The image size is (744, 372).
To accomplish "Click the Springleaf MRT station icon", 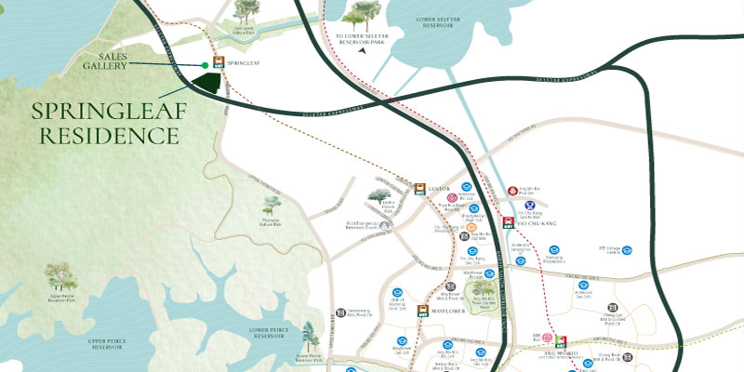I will coord(218,64).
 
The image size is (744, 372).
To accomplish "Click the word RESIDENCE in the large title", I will coord(104,136).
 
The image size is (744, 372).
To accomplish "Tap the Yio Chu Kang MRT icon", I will coord(507,222).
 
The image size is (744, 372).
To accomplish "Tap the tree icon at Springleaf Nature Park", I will coord(246,12).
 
